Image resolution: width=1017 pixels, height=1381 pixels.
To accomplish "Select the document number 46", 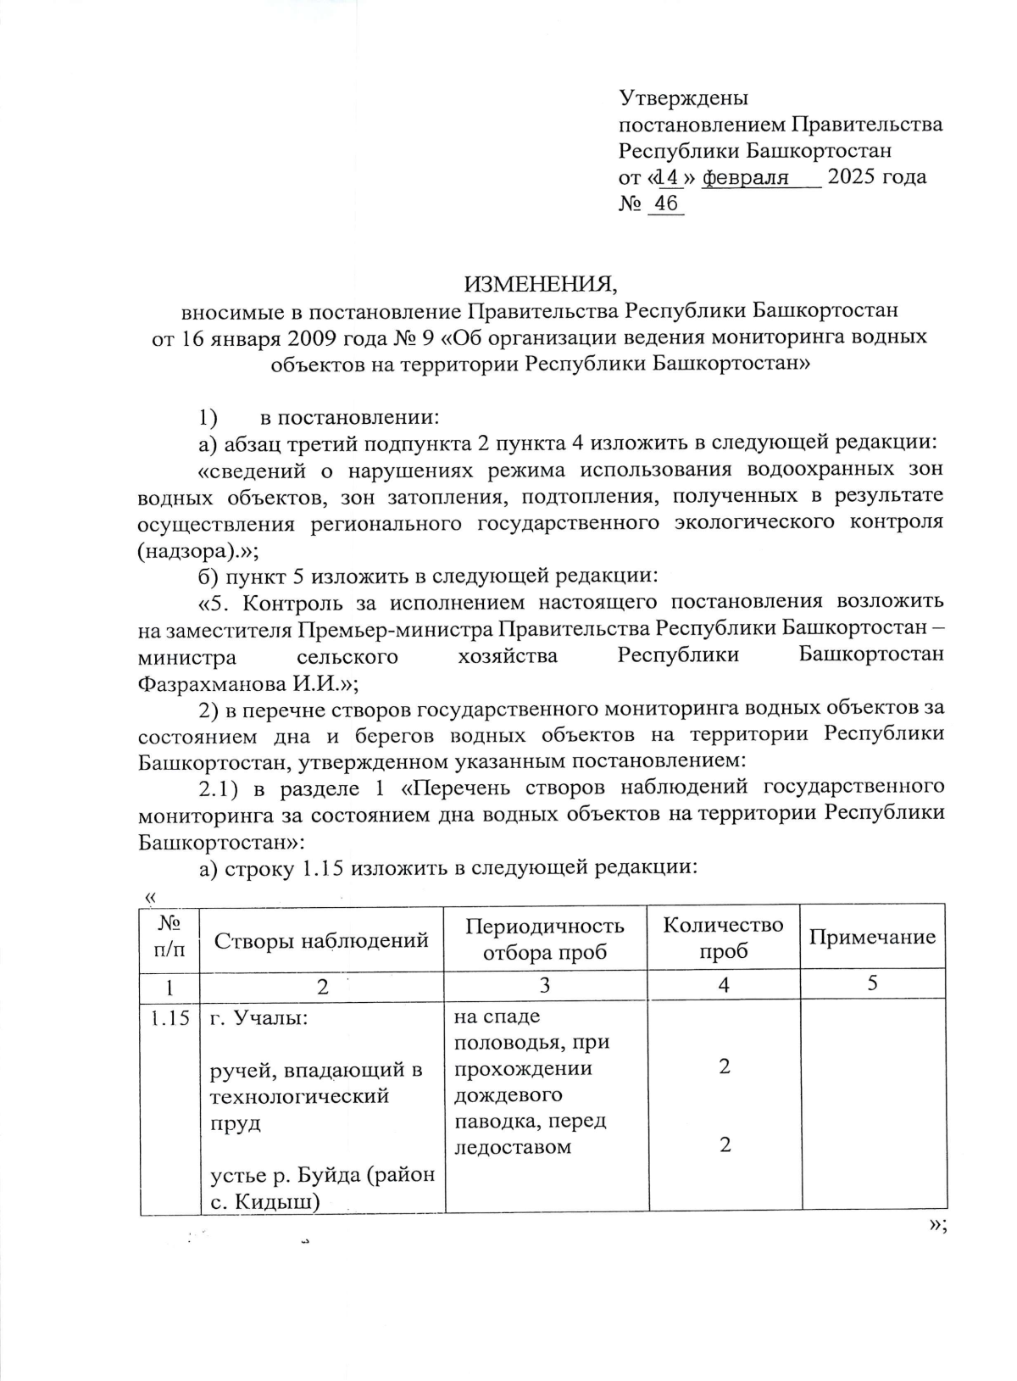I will tap(666, 203).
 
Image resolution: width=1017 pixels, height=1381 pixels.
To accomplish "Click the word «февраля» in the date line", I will tap(746, 177).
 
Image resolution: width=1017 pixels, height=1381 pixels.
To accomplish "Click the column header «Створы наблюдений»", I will tap(321, 939).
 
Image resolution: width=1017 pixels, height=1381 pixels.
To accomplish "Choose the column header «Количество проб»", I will tap(723, 938).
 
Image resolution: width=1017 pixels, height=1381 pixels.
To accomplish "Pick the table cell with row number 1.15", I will tap(169, 1018).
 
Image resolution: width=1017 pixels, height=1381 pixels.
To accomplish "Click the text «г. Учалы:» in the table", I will tap(259, 1018).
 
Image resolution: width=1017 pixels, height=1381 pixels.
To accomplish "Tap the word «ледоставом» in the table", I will tap(512, 1147).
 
